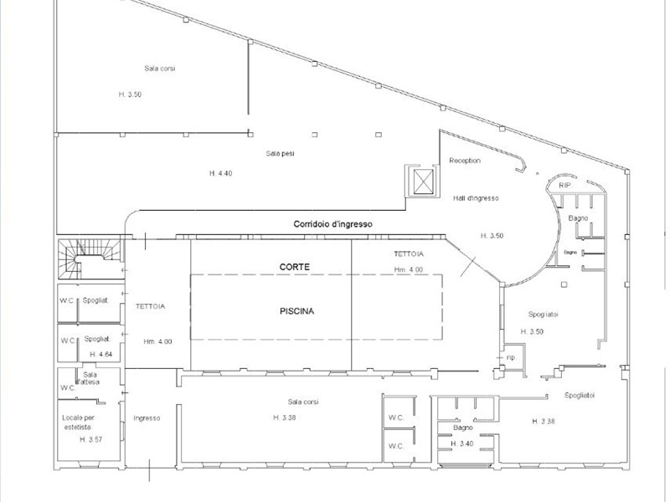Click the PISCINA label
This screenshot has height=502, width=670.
[x=296, y=310]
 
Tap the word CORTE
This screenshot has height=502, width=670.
[x=295, y=266]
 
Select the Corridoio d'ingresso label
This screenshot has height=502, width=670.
[x=332, y=224]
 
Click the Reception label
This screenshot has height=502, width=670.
[x=465, y=160]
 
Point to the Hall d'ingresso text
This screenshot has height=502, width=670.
[x=477, y=197]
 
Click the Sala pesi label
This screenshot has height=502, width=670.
[x=280, y=153]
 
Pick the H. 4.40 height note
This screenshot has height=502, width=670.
[x=221, y=172]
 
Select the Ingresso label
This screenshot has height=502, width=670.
[x=146, y=417]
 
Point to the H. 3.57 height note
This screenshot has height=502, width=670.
[x=90, y=439]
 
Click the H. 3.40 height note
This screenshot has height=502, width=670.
[x=463, y=443]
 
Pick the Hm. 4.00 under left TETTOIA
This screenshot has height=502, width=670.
[x=157, y=341]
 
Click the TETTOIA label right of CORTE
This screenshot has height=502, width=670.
[x=408, y=253]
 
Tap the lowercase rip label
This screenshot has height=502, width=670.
[x=510, y=357]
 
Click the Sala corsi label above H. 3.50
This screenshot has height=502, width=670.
[x=159, y=68]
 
